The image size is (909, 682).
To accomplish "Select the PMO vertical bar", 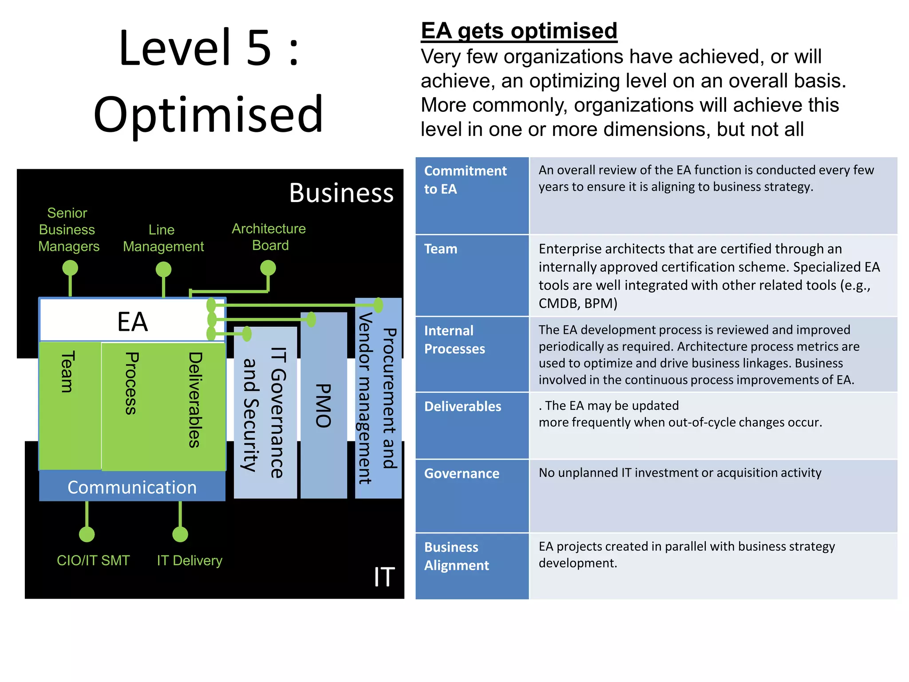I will click(x=324, y=405).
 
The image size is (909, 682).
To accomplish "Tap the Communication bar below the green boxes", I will click(x=132, y=487).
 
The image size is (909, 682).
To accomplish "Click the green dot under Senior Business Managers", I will click(x=70, y=268).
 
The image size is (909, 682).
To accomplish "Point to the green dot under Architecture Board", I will click(x=268, y=268).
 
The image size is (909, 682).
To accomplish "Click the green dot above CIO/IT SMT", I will click(x=87, y=534).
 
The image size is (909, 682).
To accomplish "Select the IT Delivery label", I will click(x=190, y=560).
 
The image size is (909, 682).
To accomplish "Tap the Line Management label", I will click(x=163, y=238).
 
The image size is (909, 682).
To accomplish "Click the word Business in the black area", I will click(x=341, y=193).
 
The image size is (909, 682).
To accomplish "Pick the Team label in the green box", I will click(x=67, y=372).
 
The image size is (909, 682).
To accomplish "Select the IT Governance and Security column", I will click(x=265, y=412).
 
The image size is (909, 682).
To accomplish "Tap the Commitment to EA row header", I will click(x=465, y=179).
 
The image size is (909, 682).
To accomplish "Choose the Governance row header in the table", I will click(x=462, y=473).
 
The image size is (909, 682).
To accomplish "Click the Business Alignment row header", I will click(x=456, y=556).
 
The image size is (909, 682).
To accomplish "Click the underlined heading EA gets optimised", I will click(x=518, y=31).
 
